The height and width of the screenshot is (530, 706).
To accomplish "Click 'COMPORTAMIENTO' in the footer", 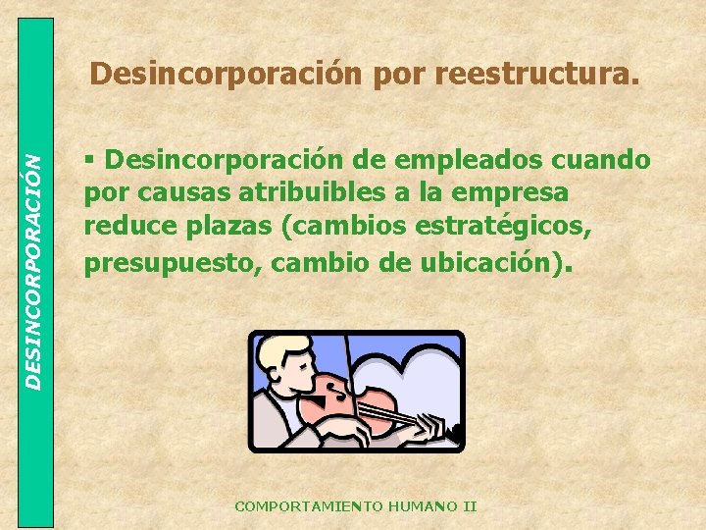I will (x=309, y=506).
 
